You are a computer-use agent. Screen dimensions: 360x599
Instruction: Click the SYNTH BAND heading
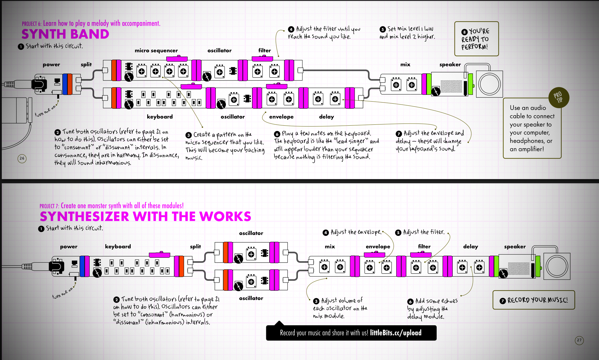click(x=65, y=34)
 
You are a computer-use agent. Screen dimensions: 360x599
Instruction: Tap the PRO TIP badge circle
click(x=559, y=97)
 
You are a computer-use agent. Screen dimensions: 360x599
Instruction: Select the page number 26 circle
click(x=22, y=158)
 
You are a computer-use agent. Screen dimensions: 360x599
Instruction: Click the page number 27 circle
click(x=579, y=340)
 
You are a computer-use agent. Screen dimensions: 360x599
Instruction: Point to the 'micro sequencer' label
click(x=156, y=50)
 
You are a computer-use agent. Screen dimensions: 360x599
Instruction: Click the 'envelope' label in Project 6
click(x=281, y=117)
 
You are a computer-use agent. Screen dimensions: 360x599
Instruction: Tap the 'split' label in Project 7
click(x=195, y=247)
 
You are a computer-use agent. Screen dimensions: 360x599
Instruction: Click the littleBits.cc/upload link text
click(x=396, y=333)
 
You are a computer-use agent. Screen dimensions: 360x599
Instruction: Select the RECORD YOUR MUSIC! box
click(x=534, y=300)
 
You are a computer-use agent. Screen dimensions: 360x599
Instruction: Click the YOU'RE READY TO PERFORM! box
click(x=476, y=39)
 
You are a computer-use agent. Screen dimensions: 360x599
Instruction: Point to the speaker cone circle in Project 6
click(x=489, y=84)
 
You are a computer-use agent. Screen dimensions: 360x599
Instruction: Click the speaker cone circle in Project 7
click(x=557, y=266)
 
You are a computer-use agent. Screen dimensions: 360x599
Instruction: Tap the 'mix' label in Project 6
click(x=405, y=64)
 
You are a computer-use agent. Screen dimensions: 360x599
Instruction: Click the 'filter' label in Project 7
click(x=424, y=247)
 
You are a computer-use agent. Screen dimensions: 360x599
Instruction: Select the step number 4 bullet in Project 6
click(x=291, y=29)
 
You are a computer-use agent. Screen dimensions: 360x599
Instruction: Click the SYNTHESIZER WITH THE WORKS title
click(x=145, y=217)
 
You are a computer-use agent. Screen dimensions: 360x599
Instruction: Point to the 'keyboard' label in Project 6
click(x=160, y=117)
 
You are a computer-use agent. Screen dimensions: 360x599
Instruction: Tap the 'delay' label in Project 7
click(x=470, y=247)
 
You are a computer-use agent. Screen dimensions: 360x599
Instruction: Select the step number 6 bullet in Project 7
click(x=410, y=301)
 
